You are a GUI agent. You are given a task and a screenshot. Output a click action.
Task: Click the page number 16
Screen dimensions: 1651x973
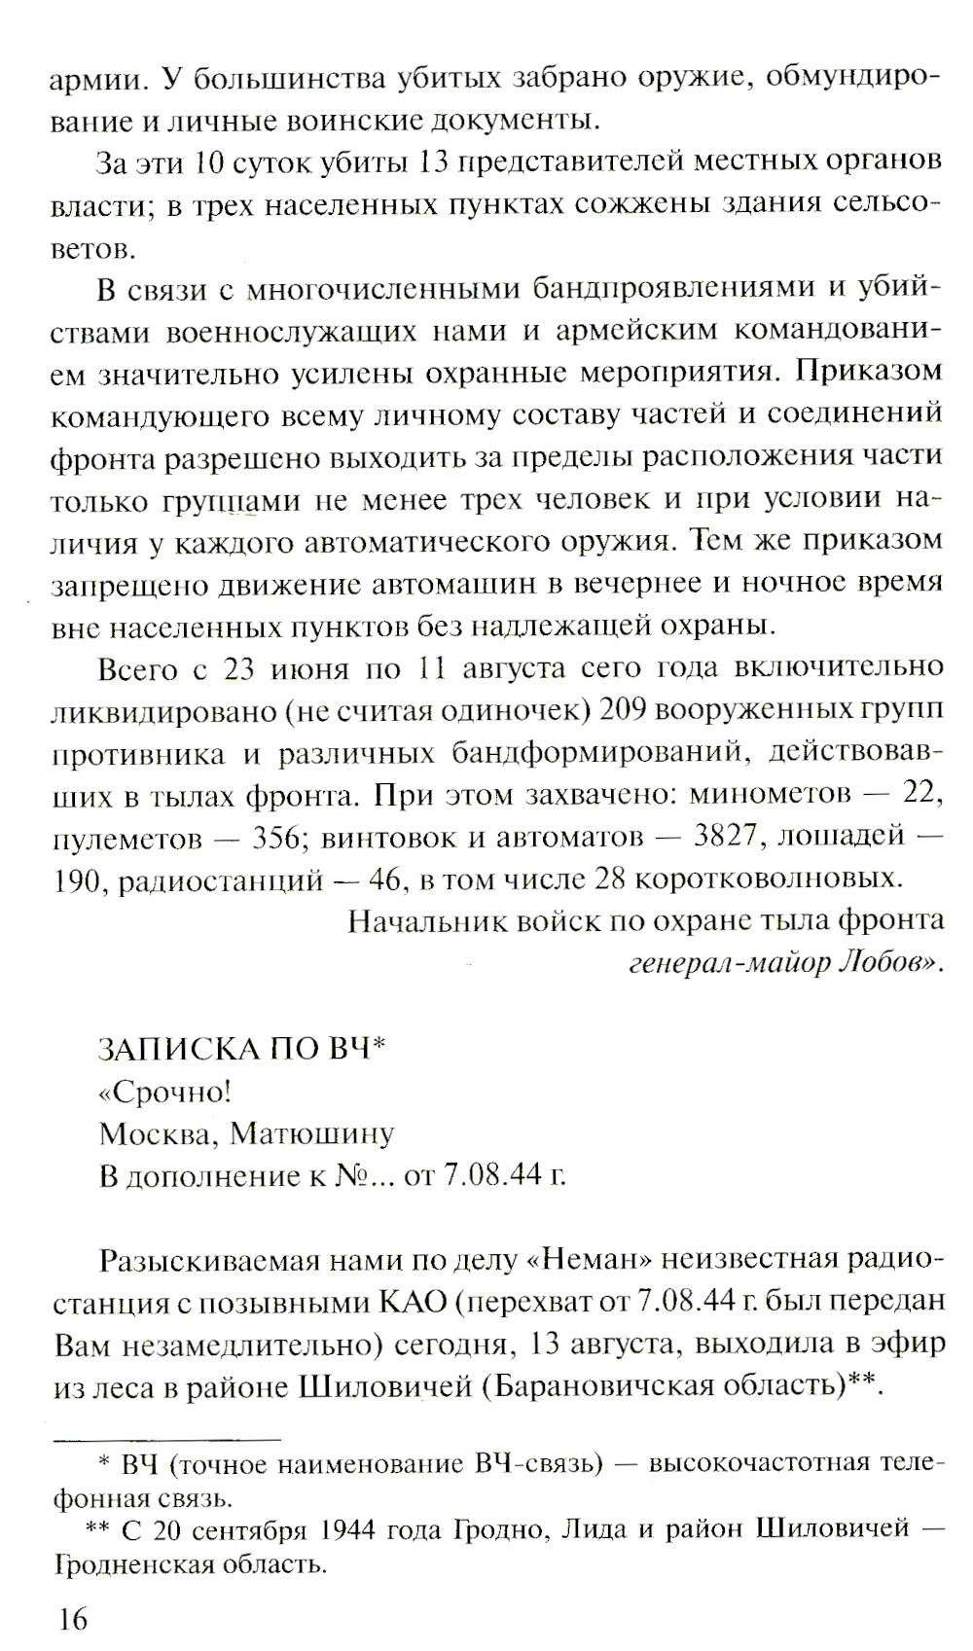pyautogui.click(x=72, y=1619)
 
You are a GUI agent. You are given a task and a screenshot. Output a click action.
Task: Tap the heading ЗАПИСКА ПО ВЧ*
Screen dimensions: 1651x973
pyautogui.click(x=242, y=1049)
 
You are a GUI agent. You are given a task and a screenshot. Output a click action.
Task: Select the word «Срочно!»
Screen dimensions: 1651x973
pyautogui.click(x=164, y=1092)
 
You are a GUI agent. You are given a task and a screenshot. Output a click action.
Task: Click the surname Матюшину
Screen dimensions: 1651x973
pyautogui.click(x=312, y=1133)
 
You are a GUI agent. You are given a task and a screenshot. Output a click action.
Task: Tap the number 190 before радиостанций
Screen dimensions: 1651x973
pyautogui.click(x=77, y=879)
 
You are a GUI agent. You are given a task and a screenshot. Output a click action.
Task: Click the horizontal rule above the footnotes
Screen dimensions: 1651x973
pyautogui.click(x=166, y=1437)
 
